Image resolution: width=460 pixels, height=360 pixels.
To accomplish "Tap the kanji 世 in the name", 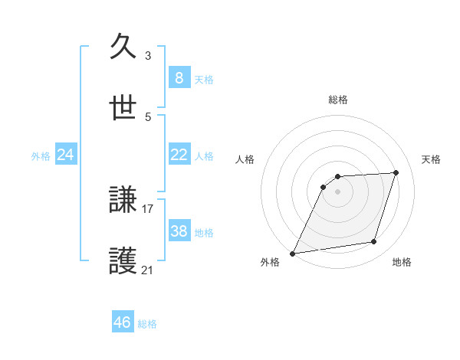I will pos(123,108).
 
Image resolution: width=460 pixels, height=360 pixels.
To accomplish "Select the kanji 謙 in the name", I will pos(123,200).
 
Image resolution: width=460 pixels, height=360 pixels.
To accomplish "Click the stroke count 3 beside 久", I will pos(148,55).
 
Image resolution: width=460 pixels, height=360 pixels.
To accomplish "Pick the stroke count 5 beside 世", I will pos(148,116).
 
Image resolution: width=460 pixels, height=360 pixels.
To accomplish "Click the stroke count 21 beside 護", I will pos(148,270).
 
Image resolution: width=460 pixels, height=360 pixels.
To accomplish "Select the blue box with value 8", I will pos(179,77).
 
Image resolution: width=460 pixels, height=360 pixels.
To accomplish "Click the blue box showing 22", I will pos(179,155).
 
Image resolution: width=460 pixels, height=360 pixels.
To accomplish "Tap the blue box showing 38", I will pos(179,231).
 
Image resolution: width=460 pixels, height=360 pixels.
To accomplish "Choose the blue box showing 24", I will pos(66,155).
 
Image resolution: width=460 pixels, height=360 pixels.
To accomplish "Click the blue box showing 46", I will pos(123,322).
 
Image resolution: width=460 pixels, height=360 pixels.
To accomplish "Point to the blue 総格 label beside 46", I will pos(147,324).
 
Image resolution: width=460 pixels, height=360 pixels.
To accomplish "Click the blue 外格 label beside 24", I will pos(41,156).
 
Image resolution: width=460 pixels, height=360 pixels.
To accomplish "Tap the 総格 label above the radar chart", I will pos(338,100).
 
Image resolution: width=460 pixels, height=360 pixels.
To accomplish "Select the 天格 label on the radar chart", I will pos(432,159).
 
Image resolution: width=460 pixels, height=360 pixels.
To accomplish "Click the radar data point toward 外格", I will pos(293,253).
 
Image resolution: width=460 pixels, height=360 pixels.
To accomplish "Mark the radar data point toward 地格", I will pos(374,242).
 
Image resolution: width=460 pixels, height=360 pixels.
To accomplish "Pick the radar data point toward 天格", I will pos(396,172).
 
